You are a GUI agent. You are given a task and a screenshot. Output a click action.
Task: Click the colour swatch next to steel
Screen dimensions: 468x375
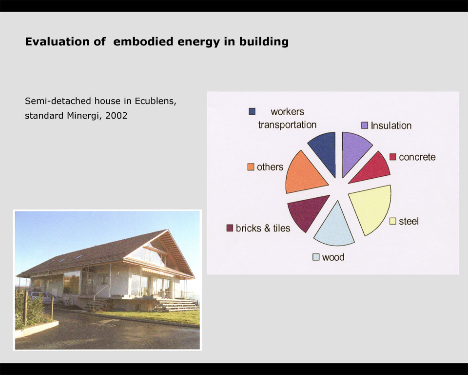tap(393, 221)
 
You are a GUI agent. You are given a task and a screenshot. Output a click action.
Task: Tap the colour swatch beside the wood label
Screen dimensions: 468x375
tap(316, 257)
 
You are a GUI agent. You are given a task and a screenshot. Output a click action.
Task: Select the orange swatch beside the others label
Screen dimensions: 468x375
tap(251, 167)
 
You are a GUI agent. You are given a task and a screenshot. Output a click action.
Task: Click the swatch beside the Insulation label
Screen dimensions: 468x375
tap(365, 125)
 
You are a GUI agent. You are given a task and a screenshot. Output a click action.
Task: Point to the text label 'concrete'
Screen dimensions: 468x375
tap(417, 157)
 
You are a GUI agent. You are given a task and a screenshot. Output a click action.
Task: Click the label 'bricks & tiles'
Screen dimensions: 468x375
tap(263, 228)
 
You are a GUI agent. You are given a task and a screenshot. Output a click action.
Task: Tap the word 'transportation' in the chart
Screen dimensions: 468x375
tap(287, 125)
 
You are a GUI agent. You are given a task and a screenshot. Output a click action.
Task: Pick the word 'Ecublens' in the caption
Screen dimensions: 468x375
tap(155, 101)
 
